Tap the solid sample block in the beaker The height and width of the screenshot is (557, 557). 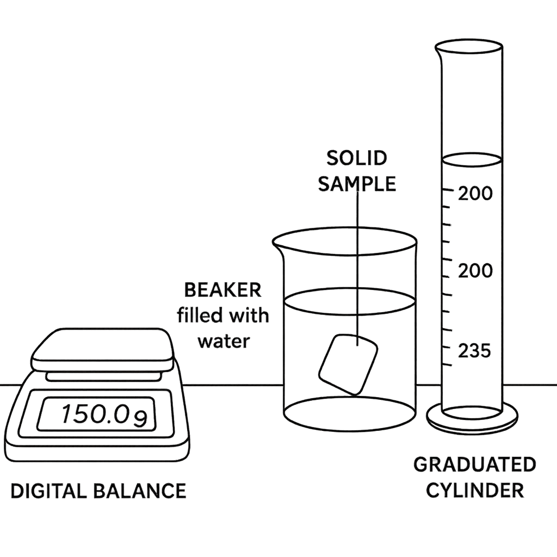click(x=348, y=364)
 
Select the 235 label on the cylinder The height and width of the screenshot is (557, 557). click(x=474, y=351)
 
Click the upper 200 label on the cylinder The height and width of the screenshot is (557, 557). click(x=475, y=194)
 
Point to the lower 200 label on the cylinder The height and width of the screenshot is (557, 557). click(x=475, y=271)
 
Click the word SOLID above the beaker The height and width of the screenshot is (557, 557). click(x=357, y=158)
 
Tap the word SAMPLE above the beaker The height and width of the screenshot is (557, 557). click(x=357, y=184)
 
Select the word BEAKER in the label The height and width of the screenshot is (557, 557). click(x=222, y=290)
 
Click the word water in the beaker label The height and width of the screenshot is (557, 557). click(x=224, y=342)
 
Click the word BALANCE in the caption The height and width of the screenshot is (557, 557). click(x=140, y=491)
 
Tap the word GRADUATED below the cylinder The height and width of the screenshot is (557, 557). click(x=474, y=465)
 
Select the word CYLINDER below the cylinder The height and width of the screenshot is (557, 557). click(x=475, y=490)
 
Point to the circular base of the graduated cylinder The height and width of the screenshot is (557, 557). click(x=472, y=422)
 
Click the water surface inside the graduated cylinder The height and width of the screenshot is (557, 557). click(x=472, y=160)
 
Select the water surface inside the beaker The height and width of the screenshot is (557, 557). click(x=350, y=301)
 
